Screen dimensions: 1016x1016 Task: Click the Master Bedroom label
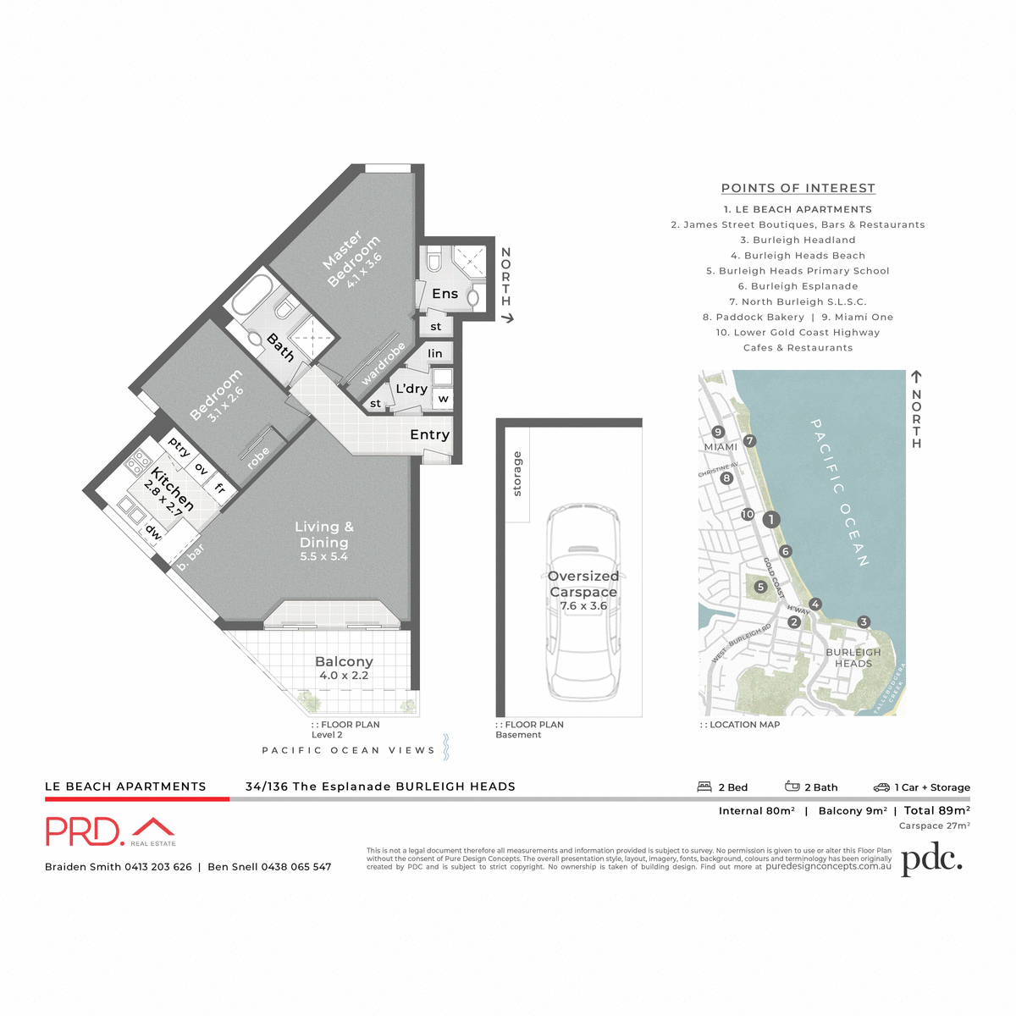(x=352, y=259)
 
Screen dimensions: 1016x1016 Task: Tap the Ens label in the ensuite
(x=444, y=294)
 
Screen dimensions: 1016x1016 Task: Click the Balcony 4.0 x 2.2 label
(x=344, y=668)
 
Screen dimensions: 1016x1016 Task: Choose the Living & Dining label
(x=324, y=540)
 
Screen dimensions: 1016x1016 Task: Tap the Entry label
(x=429, y=434)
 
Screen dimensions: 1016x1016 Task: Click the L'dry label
(x=411, y=389)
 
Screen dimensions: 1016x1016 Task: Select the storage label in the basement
(x=517, y=474)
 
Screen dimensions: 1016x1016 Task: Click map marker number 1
(x=770, y=519)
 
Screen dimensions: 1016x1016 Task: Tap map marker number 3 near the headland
(x=864, y=622)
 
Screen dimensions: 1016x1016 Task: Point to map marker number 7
(x=749, y=440)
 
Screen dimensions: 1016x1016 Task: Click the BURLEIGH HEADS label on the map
(x=853, y=658)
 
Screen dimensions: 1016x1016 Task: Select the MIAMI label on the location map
(x=721, y=447)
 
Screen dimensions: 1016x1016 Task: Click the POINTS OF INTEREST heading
(x=798, y=188)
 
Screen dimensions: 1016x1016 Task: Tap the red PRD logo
(x=85, y=831)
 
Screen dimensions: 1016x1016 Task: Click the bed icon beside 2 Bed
(x=704, y=787)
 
